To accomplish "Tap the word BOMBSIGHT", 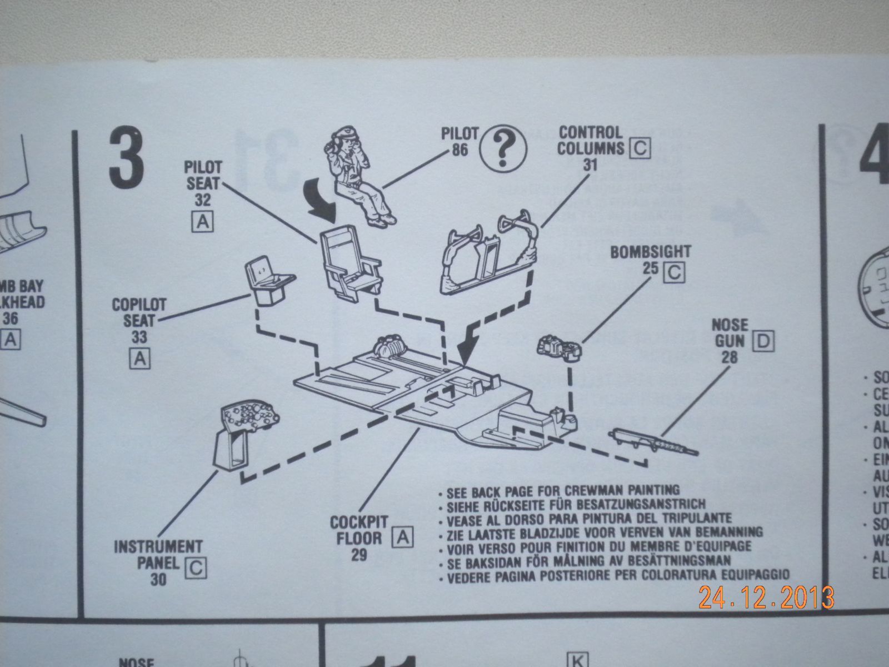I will point(650,252).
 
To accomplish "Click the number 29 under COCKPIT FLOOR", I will point(359,554).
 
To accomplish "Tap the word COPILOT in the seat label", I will point(139,305).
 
